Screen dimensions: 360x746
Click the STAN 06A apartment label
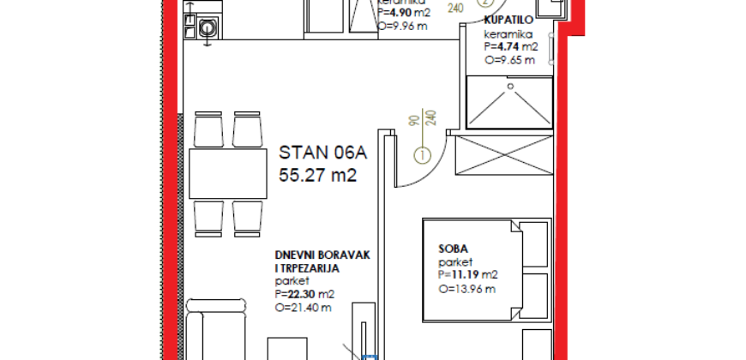point(322,154)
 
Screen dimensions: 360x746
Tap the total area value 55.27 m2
point(316,176)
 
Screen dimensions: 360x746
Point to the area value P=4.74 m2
point(512,47)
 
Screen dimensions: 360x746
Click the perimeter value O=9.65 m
point(509,62)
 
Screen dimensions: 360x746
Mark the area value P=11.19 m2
point(467,275)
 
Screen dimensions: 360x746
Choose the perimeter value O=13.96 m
point(468,289)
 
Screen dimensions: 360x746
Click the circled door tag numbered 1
point(422,155)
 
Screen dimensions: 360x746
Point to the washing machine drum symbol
point(206,28)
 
